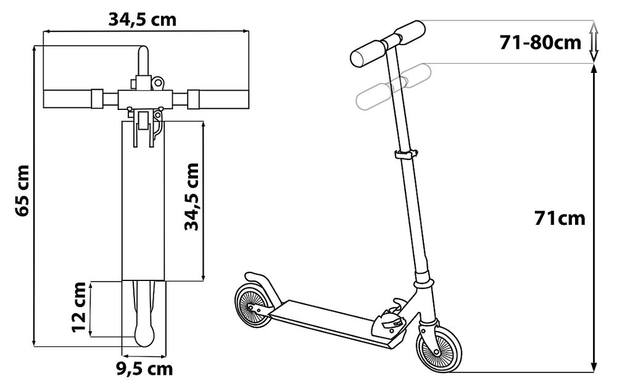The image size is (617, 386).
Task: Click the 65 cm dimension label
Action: tap(23, 191)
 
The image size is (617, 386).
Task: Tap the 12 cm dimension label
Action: tap(79, 307)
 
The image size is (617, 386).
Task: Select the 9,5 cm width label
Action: tap(145, 369)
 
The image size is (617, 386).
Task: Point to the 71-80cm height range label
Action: tap(540, 42)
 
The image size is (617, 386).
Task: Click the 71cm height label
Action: tap(560, 218)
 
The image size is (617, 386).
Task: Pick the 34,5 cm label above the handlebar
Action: tap(143, 19)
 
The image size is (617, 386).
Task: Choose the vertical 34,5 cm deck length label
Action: tap(192, 196)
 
